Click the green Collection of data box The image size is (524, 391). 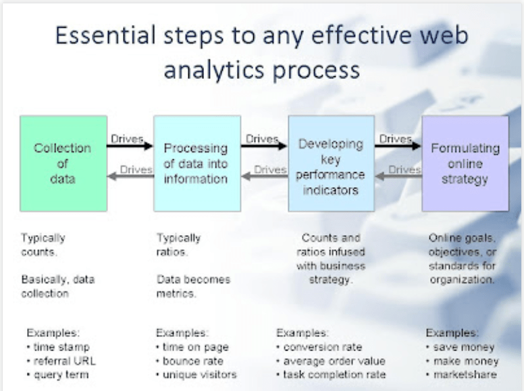[63, 163]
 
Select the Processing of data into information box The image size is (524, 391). [196, 163]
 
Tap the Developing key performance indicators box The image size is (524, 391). [331, 163]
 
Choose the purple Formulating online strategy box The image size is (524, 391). [465, 163]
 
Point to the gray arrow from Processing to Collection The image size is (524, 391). [130, 176]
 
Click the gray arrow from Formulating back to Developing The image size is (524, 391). [398, 176]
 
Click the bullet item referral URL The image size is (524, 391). [64, 361]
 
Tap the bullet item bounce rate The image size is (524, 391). [192, 361]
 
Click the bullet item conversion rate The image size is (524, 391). [322, 347]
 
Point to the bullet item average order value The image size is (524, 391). [334, 361]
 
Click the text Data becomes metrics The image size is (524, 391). [193, 286]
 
